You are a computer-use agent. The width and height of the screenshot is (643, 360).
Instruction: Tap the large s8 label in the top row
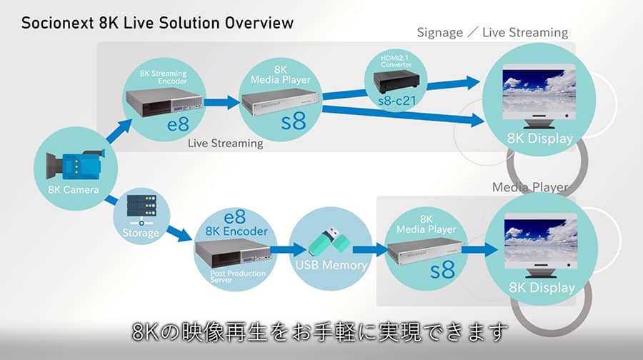click(x=293, y=120)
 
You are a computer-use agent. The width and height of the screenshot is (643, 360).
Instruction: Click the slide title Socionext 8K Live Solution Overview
click(x=157, y=22)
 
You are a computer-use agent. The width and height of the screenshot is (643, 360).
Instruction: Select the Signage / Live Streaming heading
click(x=492, y=32)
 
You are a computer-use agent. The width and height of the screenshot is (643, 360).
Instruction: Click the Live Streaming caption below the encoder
click(x=225, y=144)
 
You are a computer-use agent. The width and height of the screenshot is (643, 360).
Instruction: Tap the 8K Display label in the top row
click(x=539, y=138)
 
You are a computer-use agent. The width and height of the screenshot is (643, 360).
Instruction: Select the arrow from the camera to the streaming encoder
click(x=116, y=134)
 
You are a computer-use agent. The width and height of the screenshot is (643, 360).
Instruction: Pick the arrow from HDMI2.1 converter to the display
click(x=456, y=84)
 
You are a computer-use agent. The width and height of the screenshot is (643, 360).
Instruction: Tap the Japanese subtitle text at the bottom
click(x=321, y=333)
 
